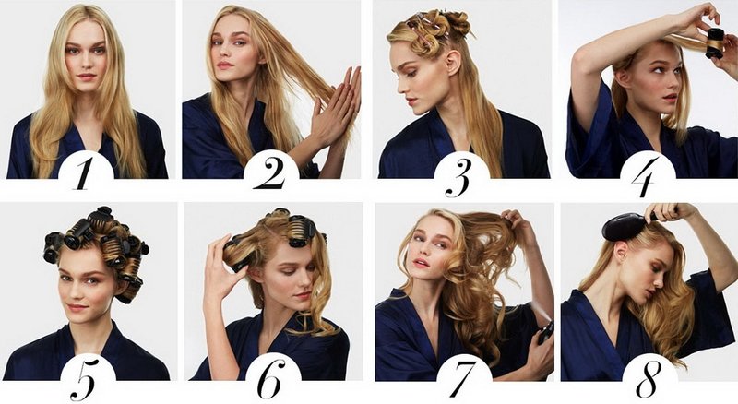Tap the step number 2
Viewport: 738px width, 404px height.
tap(271, 173)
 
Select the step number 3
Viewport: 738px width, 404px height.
tap(458, 175)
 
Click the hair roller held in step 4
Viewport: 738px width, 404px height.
tap(715, 42)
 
